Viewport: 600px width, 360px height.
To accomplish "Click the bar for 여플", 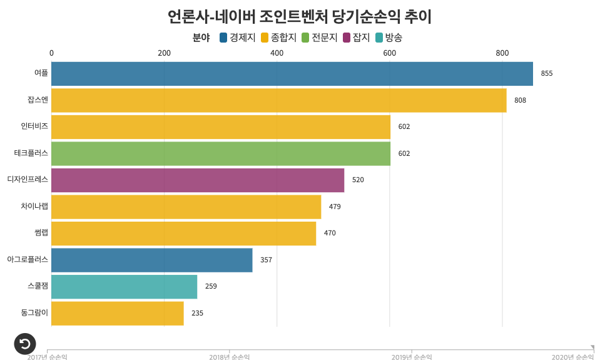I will (x=292, y=73).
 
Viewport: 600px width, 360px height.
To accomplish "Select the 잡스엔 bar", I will (x=278, y=100).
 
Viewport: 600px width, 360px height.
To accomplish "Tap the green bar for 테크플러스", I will (x=220, y=153).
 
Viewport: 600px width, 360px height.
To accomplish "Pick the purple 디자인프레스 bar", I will (x=197, y=180).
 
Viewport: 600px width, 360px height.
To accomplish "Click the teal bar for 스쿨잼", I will (x=124, y=286).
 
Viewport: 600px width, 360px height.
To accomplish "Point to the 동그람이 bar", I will (x=117, y=313).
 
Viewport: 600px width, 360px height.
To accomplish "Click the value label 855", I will (x=547, y=73).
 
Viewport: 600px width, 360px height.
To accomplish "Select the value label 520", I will (x=358, y=180).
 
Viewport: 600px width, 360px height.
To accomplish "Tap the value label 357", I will (x=266, y=260).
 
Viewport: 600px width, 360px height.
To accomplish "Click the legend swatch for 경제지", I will (x=223, y=38).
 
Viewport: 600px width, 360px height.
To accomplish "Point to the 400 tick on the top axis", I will (x=277, y=53).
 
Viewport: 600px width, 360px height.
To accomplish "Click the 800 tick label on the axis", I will (x=502, y=53).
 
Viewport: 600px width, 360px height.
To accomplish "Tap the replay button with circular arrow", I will (x=25, y=344).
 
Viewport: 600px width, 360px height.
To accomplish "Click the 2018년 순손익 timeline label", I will (x=229, y=357).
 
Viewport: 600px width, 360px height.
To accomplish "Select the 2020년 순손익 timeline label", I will (x=572, y=357).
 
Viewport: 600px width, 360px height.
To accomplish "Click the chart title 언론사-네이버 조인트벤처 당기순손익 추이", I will (x=300, y=17).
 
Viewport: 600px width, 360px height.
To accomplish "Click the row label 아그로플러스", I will (x=28, y=260).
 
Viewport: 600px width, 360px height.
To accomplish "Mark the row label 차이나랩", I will (x=34, y=207).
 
